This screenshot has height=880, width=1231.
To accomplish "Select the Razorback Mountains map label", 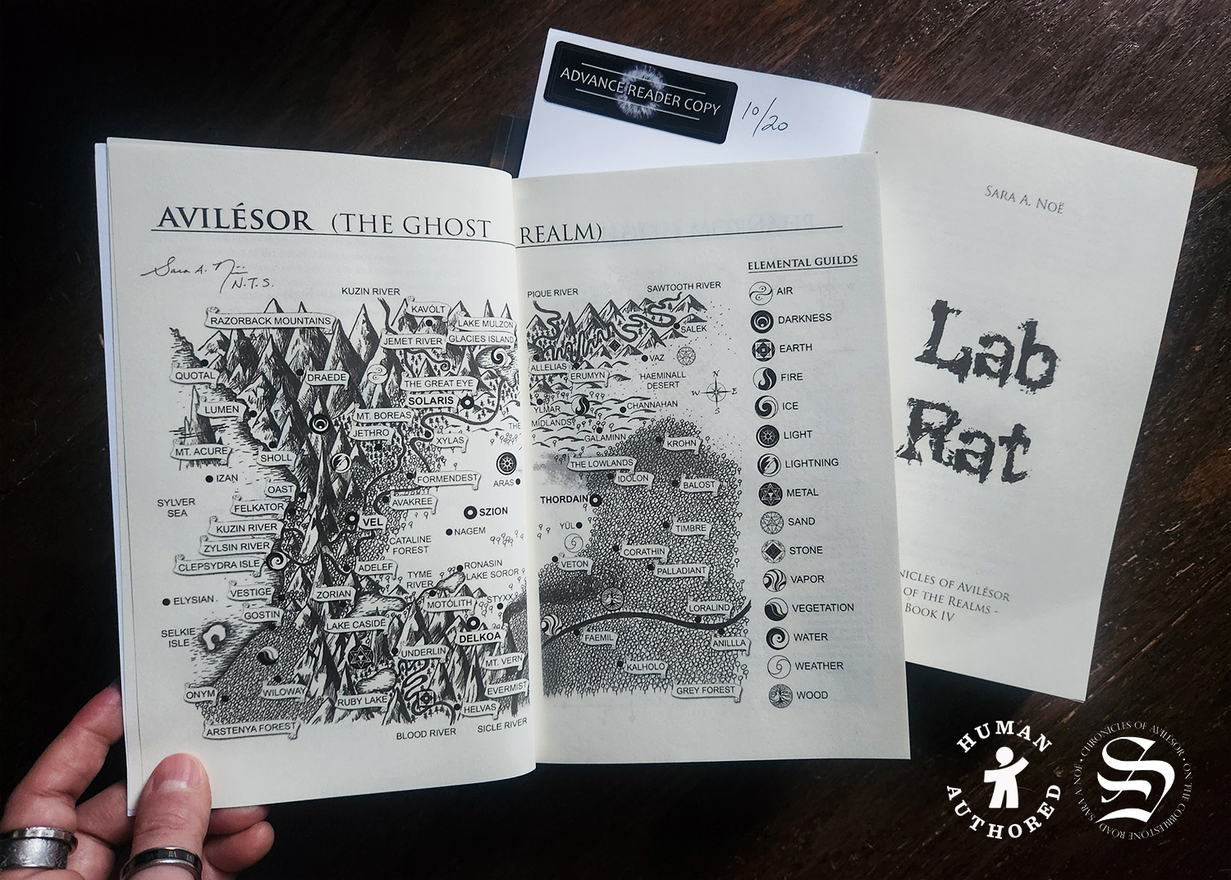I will [x=270, y=321].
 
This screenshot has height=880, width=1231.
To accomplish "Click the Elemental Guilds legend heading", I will [x=802, y=262].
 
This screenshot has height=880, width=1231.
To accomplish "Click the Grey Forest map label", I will [x=705, y=691].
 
